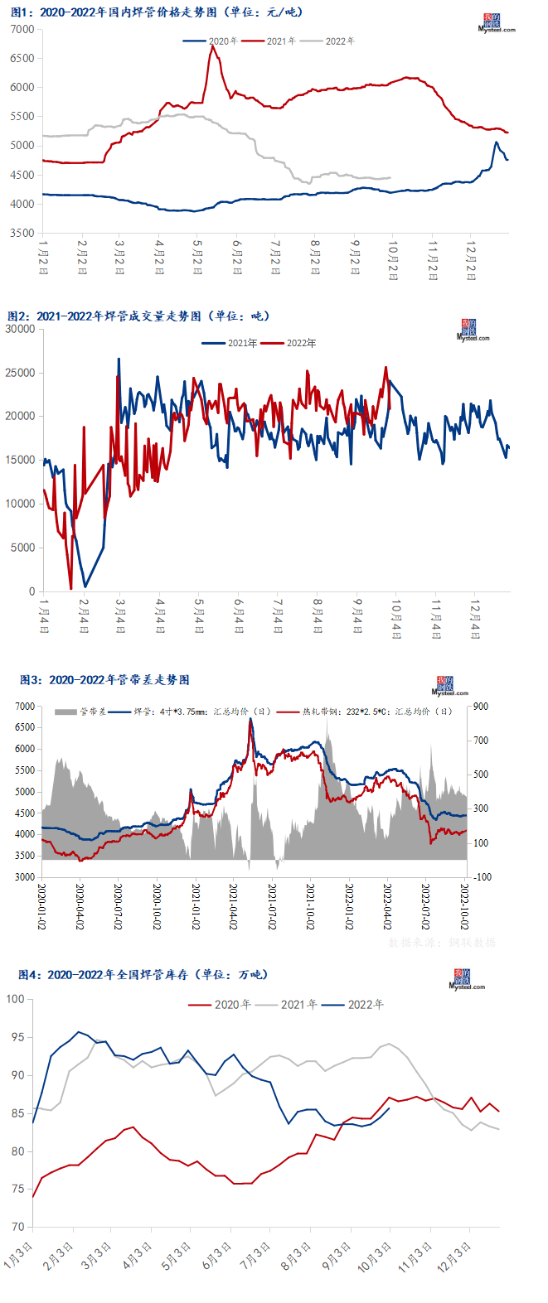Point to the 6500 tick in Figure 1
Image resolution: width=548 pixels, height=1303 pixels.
tap(23, 58)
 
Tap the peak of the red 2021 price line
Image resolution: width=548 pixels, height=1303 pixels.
tap(213, 46)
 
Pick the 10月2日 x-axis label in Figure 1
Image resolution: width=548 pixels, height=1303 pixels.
tap(393, 259)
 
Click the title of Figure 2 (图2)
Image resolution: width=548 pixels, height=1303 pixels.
tap(138, 316)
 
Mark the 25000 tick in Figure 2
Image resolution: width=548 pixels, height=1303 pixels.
tap(20, 373)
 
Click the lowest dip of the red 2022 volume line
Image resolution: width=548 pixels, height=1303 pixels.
tap(70, 589)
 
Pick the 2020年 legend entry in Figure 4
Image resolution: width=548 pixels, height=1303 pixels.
tap(232, 1005)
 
